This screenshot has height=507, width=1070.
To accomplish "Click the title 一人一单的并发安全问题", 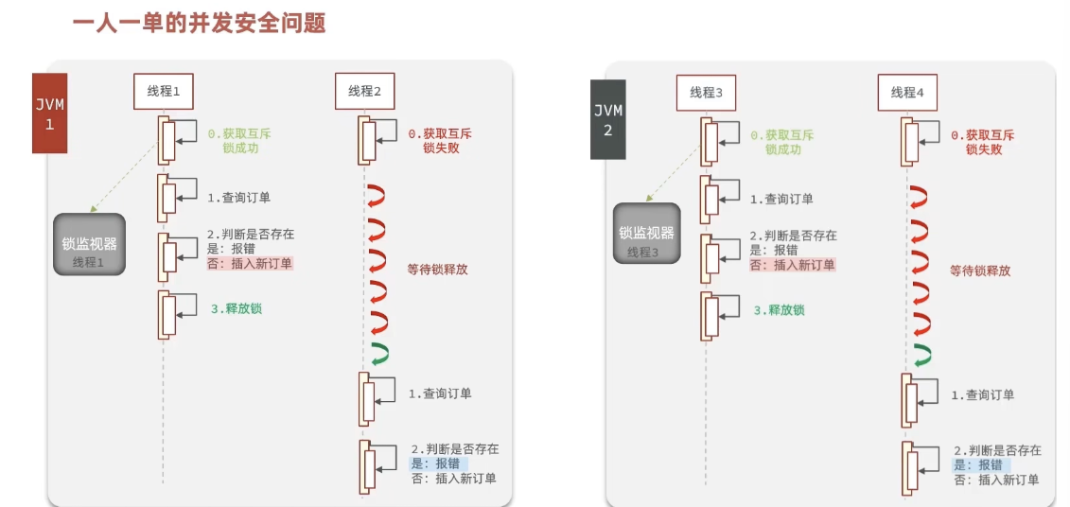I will tap(199, 23).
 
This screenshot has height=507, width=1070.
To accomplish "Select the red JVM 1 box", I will tap(50, 113).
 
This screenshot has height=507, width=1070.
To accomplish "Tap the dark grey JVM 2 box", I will tap(608, 119).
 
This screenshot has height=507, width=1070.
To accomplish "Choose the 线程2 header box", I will tap(364, 91).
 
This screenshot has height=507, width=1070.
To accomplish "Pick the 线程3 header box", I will tap(706, 92).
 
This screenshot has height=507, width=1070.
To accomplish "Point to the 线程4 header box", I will tap(907, 92).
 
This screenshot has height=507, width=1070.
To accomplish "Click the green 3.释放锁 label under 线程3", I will tap(779, 309).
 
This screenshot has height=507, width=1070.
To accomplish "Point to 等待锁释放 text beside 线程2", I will tap(437, 269).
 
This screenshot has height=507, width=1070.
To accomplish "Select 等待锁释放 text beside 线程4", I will tap(980, 270).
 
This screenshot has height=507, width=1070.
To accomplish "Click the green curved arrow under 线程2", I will tap(379, 354).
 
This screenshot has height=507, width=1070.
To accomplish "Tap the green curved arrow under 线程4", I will tap(922, 356).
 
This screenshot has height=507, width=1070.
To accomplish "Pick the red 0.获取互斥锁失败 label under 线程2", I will tap(439, 141).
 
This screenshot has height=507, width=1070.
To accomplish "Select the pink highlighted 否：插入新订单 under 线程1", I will tap(250, 264).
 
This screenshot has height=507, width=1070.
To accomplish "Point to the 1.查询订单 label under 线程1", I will tap(238, 198).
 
